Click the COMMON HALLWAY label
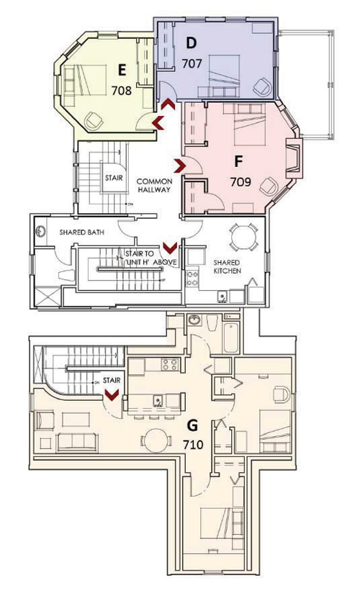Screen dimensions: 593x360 153,185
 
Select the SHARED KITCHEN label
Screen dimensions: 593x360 226,266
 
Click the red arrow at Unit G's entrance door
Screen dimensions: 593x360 112,394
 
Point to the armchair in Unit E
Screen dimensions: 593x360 94,122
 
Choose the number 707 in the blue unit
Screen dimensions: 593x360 192,63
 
